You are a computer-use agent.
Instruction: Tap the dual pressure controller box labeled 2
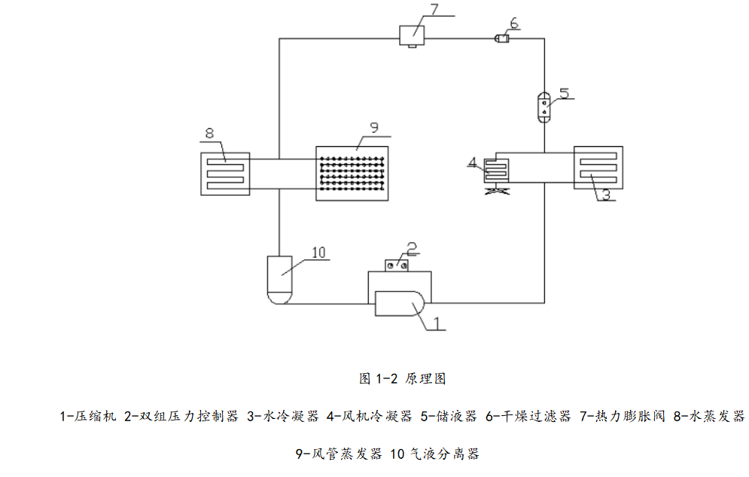[x=397, y=264]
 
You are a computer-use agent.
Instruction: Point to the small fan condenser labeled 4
[x=496, y=170]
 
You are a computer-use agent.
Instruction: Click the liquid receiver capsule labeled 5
[x=544, y=105]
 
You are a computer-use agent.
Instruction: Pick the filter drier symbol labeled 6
[x=501, y=38]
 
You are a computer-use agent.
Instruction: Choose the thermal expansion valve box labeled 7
[x=411, y=35]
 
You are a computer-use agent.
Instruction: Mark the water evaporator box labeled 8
[x=225, y=173]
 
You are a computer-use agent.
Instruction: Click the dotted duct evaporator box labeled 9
[x=353, y=173]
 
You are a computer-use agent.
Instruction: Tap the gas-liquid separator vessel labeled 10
[x=279, y=280]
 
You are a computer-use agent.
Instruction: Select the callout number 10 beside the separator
[x=319, y=252]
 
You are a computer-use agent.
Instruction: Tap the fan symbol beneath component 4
[x=496, y=192]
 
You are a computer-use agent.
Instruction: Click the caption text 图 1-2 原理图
[x=403, y=378]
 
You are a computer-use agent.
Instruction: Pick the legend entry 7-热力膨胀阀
[x=623, y=416]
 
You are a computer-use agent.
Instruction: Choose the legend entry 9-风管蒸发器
[x=339, y=454]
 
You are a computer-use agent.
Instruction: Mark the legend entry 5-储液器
[x=449, y=416]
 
